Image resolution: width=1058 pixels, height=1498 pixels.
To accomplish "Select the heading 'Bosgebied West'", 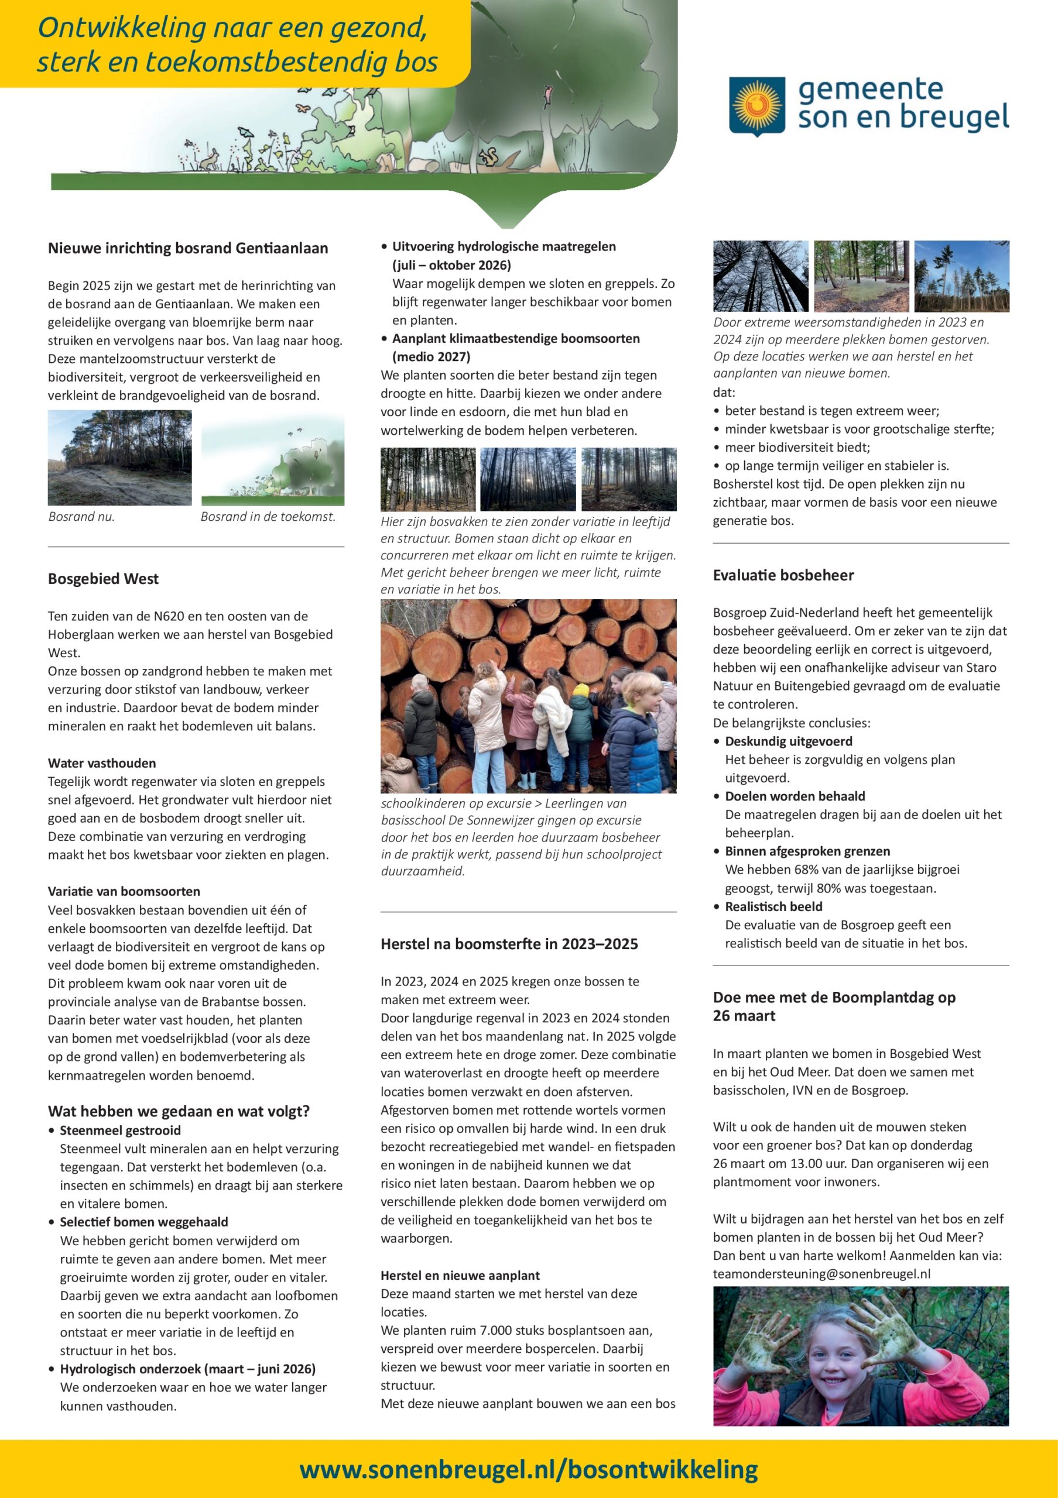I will (x=103, y=579).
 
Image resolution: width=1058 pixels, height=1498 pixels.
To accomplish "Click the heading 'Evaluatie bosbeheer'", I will (x=783, y=575).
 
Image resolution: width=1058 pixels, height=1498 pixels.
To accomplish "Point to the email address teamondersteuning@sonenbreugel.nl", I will (x=821, y=1273).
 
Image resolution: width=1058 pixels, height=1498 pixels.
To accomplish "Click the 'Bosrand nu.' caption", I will (x=81, y=517).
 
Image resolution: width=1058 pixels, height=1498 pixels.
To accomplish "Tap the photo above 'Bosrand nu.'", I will (x=119, y=458).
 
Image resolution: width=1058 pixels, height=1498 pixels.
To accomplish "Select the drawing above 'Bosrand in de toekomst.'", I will (x=273, y=458).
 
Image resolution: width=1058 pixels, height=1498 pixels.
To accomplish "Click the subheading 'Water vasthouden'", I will (x=102, y=762).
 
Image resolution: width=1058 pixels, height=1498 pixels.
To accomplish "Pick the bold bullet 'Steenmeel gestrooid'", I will (x=120, y=1130).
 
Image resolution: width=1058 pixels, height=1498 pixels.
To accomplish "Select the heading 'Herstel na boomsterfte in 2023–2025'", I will (x=509, y=943).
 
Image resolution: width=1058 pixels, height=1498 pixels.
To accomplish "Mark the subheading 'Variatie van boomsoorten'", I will (x=124, y=891).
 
